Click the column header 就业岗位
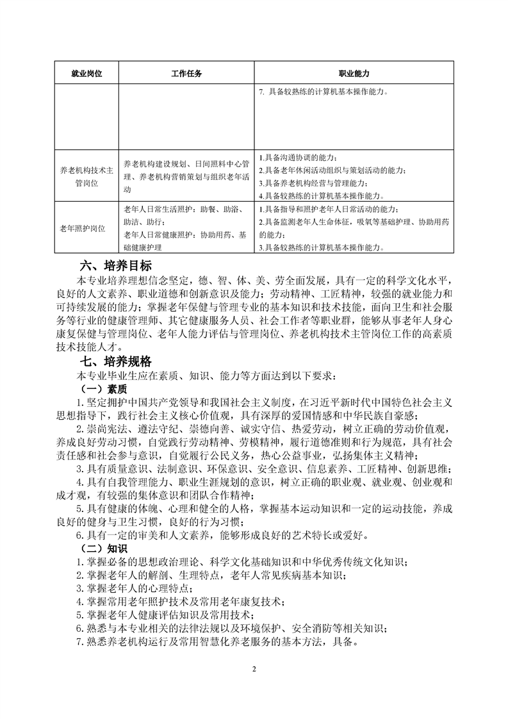tap(86, 74)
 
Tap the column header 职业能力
tap(354, 74)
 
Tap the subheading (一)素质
tap(102, 389)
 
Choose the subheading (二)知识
tap(102, 548)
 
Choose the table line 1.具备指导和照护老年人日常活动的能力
tap(331, 210)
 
